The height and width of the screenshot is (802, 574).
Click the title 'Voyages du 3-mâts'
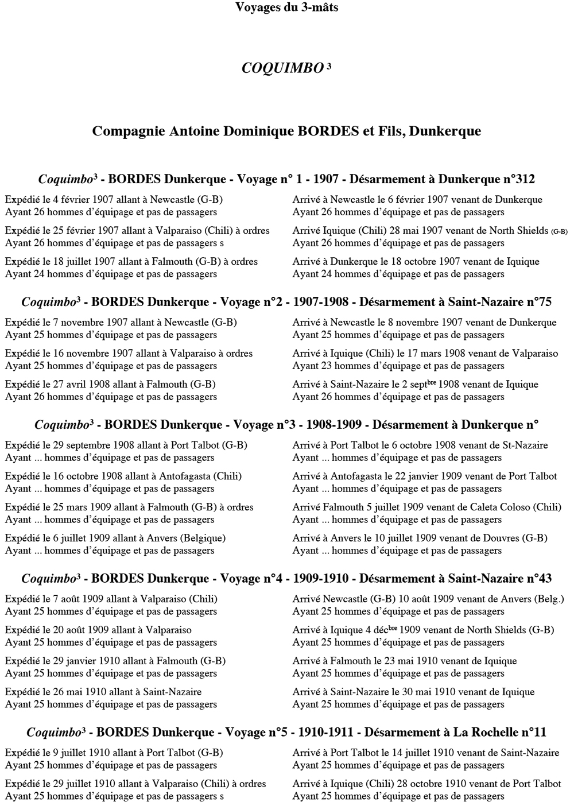tap(286, 7)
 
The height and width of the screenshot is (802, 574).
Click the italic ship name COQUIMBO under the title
tap(282, 68)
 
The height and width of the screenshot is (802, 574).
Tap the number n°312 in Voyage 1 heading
tap(519, 180)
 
